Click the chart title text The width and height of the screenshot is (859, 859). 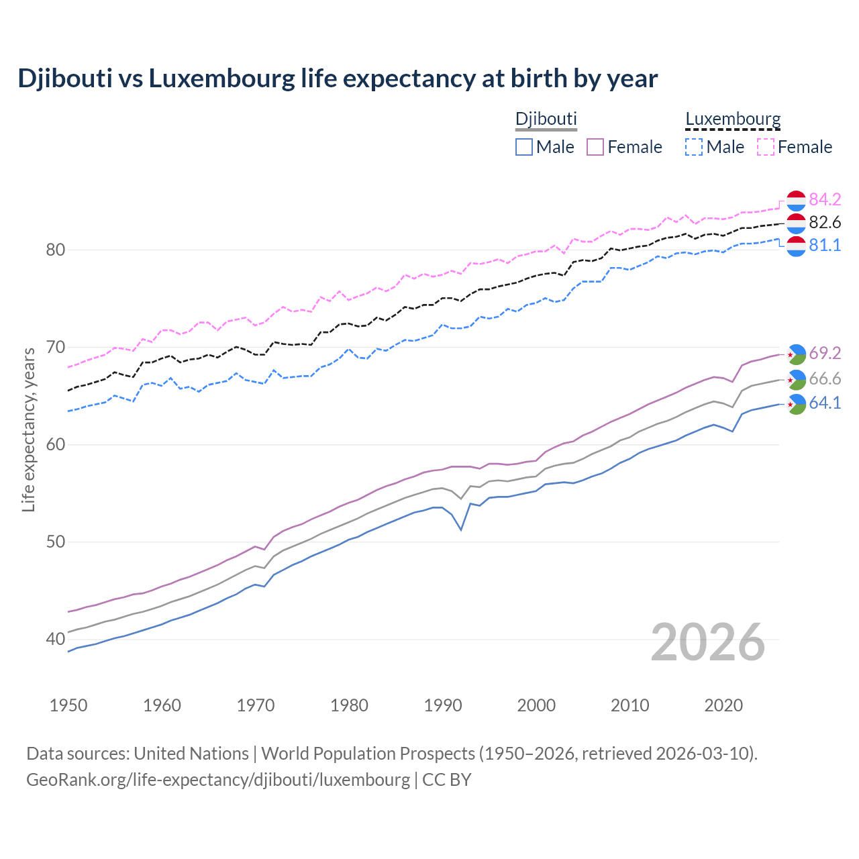338,79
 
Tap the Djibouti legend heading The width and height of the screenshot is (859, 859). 546,119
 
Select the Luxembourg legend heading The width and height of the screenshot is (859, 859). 733,119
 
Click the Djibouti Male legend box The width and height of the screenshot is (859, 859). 524,147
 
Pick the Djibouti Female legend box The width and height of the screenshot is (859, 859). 595,147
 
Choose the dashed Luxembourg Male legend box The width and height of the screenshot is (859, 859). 694,147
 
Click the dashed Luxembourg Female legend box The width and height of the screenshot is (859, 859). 766,147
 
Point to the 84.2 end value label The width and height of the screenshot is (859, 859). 825,199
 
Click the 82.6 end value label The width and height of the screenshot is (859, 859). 825,222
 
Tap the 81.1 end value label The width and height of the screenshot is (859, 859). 825,246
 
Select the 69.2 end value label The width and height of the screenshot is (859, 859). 825,353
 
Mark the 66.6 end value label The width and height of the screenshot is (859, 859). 825,379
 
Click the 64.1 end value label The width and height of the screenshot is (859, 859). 825,403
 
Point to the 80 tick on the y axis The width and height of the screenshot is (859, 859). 56,250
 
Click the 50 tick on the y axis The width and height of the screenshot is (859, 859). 56,542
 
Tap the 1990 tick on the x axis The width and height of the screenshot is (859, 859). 443,705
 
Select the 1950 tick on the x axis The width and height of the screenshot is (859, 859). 69,705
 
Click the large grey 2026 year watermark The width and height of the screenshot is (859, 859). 708,642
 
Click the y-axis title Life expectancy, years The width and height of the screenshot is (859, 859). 29,429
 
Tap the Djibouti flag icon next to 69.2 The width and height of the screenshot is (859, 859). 796,354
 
